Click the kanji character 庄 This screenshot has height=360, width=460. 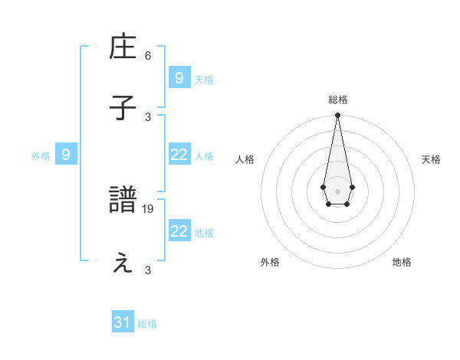click(x=123, y=48)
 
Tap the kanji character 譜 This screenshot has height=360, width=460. click(x=123, y=201)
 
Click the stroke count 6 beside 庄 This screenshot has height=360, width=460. click(x=148, y=56)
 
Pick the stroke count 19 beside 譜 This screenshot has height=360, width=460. click(x=149, y=208)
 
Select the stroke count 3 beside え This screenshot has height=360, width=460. click(x=148, y=270)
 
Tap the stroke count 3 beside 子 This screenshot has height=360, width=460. click(x=148, y=116)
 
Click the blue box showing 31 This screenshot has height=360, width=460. click(x=123, y=322)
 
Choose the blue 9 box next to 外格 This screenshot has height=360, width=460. click(x=66, y=155)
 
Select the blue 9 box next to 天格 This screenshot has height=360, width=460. click(x=179, y=77)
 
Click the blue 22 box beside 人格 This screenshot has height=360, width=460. click(x=179, y=155)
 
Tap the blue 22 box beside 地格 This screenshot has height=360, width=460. click(x=179, y=231)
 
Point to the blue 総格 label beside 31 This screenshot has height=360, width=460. click(x=147, y=324)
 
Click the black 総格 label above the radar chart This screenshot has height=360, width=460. click(x=337, y=100)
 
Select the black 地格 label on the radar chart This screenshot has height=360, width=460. click(x=402, y=263)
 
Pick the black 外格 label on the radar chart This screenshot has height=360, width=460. click(x=270, y=263)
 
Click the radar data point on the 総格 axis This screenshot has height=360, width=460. click(x=337, y=115)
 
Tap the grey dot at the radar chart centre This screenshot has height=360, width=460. click(x=337, y=190)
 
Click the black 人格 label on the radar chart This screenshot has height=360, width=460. click(x=245, y=159)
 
